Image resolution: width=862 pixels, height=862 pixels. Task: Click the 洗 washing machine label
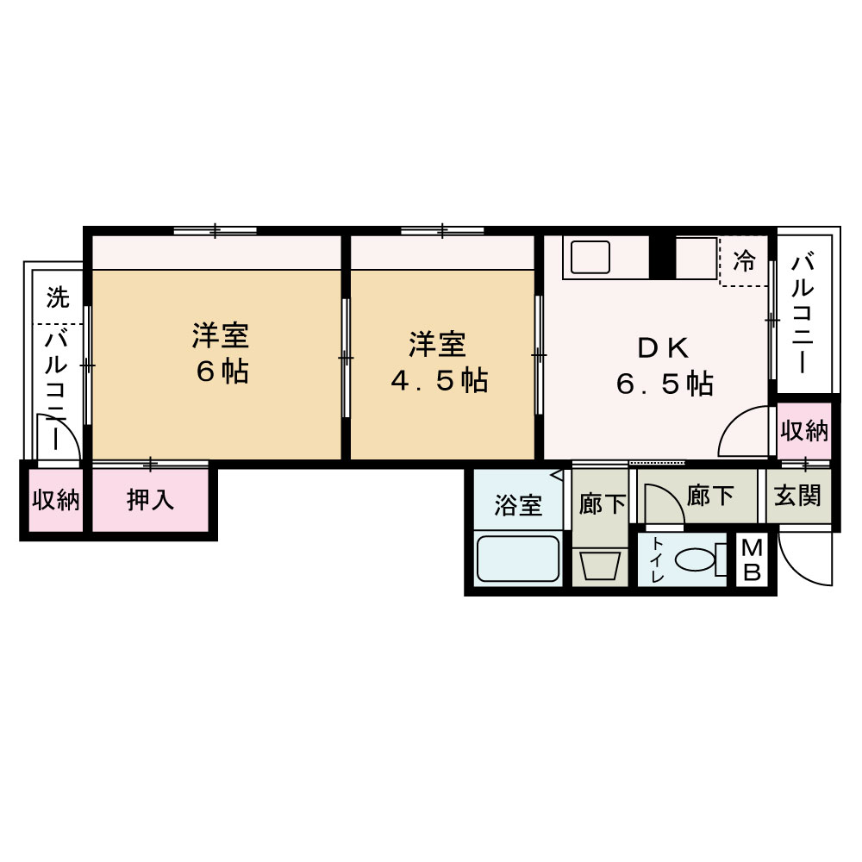tap(57, 298)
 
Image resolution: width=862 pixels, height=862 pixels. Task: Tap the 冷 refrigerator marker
tap(743, 260)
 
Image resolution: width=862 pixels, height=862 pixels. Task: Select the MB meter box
tap(752, 561)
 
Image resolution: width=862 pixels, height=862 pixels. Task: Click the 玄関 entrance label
tap(797, 497)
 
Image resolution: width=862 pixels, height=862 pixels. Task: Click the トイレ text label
tap(658, 560)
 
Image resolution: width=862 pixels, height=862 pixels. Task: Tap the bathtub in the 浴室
tap(518, 559)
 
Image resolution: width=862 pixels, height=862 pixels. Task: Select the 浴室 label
tap(518, 505)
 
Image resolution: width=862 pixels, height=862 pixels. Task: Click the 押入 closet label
tap(151, 500)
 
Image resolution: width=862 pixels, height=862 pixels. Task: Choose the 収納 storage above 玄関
tap(804, 431)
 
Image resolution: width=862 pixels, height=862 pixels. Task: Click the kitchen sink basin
tap(587, 257)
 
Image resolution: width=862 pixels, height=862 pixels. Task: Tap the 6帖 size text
tap(222, 372)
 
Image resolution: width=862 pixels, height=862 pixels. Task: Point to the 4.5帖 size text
tap(439, 379)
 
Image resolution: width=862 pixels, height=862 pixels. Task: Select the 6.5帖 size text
tap(665, 384)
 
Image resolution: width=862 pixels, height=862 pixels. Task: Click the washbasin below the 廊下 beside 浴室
tap(601, 566)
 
